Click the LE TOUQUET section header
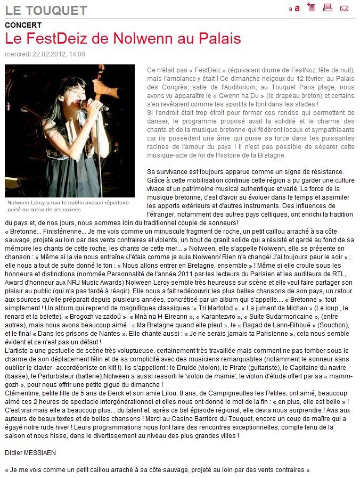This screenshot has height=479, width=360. point(45,11)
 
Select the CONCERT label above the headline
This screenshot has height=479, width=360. point(23,25)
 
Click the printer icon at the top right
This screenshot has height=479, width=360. point(328,7)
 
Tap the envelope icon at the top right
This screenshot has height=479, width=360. point(344,8)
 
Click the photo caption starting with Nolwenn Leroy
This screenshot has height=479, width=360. point(68,207)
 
